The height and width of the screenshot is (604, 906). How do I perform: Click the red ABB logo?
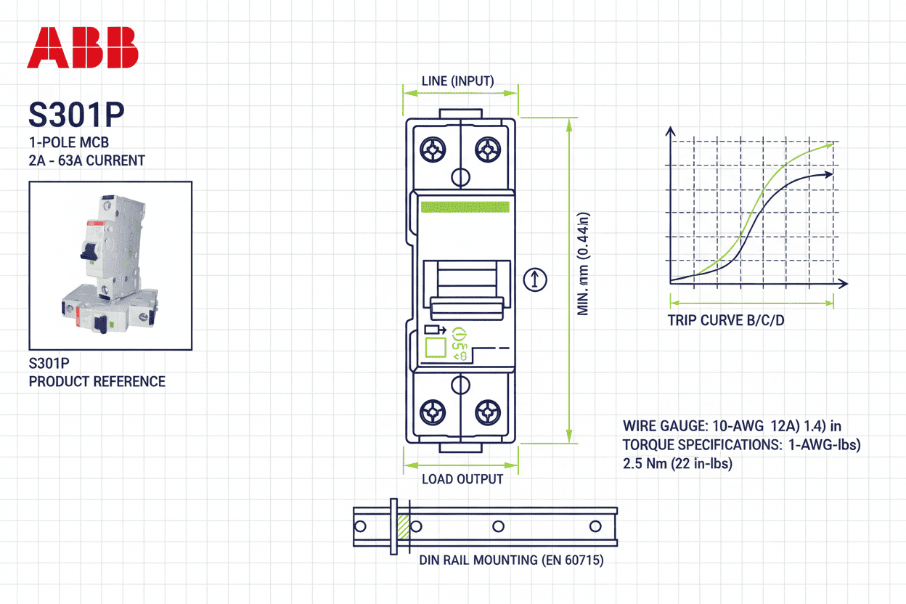click(82, 48)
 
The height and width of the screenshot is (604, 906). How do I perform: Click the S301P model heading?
click(75, 115)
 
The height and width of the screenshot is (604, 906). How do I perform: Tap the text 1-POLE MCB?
click(69, 142)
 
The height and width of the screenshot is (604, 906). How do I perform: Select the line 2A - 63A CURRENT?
click(86, 160)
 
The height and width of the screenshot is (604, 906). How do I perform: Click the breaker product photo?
click(110, 265)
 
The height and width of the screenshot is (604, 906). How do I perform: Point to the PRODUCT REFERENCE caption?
click(97, 381)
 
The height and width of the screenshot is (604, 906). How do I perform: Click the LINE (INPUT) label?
click(457, 81)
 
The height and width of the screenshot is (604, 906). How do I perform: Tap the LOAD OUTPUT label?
click(462, 479)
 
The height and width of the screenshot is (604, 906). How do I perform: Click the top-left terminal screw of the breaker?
click(434, 152)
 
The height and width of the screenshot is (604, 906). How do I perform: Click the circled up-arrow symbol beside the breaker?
click(535, 279)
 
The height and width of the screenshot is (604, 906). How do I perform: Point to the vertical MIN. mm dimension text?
click(583, 264)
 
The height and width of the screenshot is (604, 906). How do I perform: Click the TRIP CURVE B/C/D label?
click(726, 321)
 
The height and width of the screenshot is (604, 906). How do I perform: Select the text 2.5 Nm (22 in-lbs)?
click(677, 464)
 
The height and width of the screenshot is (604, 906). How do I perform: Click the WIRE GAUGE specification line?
click(732, 426)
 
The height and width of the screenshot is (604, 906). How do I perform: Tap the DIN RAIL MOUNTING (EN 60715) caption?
click(511, 560)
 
